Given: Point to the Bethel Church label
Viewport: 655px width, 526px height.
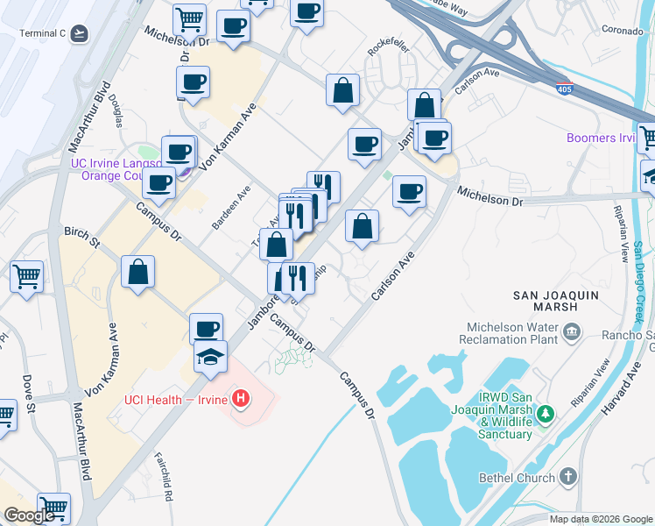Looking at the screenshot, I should tap(517, 478).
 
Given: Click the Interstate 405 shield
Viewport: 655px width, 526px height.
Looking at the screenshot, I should tap(565, 88).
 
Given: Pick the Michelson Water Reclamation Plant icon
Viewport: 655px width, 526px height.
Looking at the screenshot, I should tap(572, 331).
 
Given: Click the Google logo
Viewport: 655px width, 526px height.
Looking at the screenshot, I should tap(29, 515).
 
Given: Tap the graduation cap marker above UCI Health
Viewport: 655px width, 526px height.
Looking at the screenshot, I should tap(210, 358).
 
